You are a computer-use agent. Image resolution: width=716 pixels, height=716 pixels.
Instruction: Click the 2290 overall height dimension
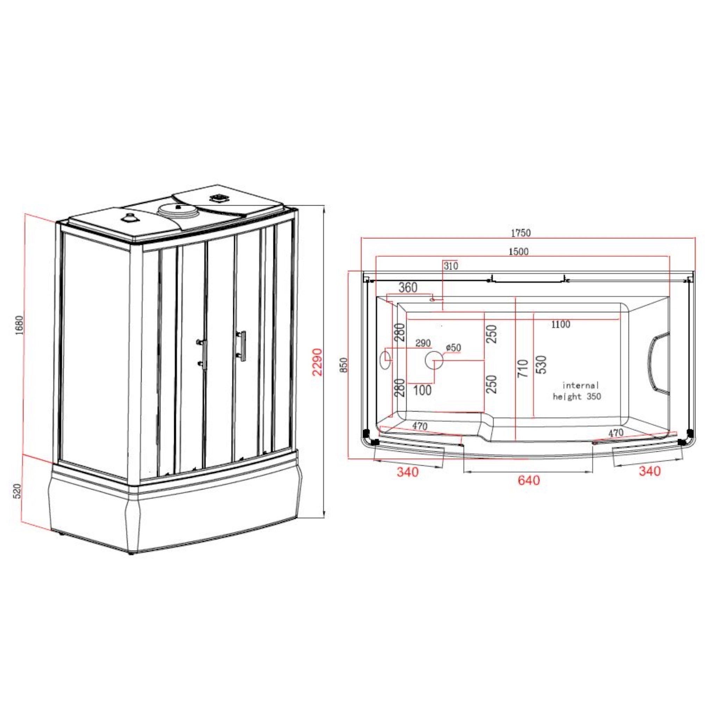point(317,362)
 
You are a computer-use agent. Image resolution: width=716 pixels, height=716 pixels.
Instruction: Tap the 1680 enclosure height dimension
point(19,325)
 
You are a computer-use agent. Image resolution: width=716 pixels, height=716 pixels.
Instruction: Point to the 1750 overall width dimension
point(521,233)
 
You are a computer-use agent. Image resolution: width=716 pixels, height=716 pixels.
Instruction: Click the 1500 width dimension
point(518,251)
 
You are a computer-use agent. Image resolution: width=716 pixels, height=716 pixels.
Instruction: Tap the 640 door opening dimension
point(529,480)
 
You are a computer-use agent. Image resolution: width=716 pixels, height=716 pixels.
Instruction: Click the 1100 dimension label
point(561,324)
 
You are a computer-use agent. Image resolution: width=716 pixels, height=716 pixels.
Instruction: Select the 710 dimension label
point(523,368)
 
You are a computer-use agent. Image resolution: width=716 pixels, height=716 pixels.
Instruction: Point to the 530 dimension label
point(542,365)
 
